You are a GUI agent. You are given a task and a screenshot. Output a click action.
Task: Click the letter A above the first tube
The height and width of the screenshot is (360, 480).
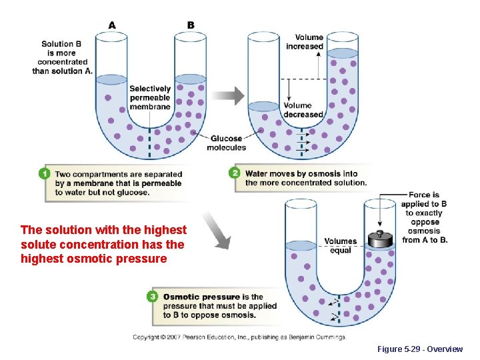(112, 25)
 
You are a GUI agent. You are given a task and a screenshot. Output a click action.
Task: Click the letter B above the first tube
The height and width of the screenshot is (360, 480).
(191, 25)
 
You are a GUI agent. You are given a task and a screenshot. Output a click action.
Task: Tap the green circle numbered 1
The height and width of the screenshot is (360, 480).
(45, 174)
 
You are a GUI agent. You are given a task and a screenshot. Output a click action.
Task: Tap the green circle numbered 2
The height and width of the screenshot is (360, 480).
(235, 173)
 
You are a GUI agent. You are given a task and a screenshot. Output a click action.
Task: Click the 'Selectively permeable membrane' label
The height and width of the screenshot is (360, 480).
(150, 97)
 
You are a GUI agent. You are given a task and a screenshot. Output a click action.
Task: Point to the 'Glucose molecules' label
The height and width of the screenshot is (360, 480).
(226, 143)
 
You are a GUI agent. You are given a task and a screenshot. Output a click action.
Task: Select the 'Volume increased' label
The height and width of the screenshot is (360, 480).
(305, 42)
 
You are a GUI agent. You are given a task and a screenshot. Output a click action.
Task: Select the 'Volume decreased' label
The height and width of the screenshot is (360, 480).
(303, 110)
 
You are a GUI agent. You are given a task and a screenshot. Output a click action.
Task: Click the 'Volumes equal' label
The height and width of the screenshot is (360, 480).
(341, 245)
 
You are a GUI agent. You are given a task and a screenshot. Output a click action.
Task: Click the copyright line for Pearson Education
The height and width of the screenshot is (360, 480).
(239, 337)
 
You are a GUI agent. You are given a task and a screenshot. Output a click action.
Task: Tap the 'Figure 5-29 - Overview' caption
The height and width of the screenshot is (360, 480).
(419, 349)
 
